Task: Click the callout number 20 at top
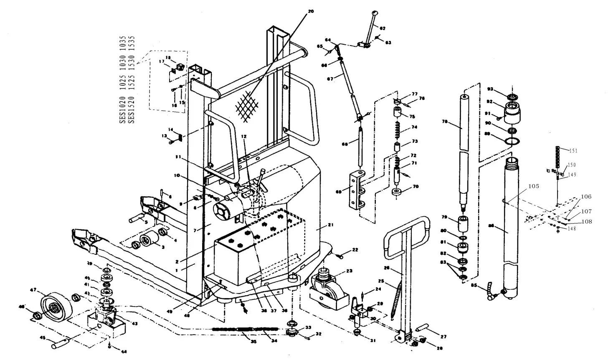(x=310, y=11)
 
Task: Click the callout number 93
(x=491, y=89)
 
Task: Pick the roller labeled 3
(x=148, y=241)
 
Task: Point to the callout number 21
(x=330, y=225)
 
